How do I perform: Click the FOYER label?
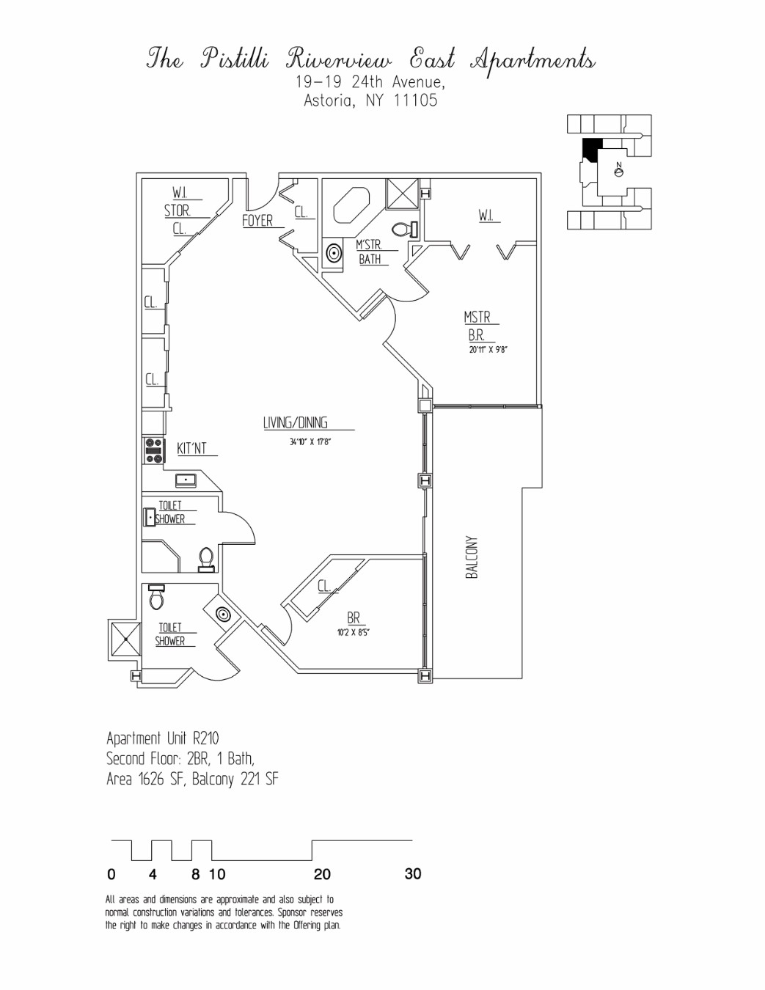point(257,220)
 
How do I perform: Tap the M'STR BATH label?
point(370,252)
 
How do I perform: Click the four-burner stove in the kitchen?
point(154,450)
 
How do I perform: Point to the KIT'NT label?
point(192,448)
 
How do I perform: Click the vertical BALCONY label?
point(472,557)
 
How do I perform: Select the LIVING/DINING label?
point(296,422)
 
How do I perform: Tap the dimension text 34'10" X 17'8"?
point(310,441)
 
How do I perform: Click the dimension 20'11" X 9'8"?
point(488,349)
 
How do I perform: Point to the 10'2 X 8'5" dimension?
point(353,632)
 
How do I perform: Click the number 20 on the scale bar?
point(322,874)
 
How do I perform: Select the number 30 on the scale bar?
point(413,873)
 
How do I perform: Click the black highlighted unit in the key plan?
point(590,148)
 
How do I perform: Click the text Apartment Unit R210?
point(163,738)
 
